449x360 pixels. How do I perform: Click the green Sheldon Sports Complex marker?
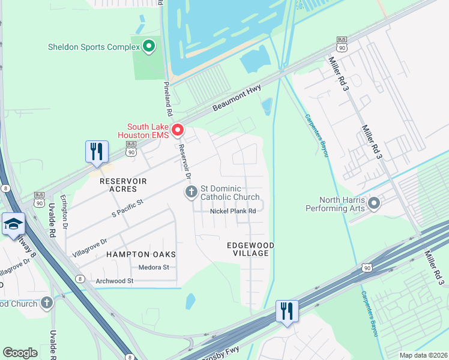click(149, 46)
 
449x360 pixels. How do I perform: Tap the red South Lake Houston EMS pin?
click(178, 130)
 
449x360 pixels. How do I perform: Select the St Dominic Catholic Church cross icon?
click(191, 192)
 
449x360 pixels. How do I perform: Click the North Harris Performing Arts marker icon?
click(374, 204)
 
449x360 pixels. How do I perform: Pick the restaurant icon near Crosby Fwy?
click(286, 311)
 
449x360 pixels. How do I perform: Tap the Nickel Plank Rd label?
click(233, 211)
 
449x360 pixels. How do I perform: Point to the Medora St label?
click(154, 267)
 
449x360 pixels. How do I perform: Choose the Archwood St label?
click(114, 281)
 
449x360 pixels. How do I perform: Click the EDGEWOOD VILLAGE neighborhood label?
click(250, 250)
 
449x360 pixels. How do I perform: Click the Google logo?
click(20, 353)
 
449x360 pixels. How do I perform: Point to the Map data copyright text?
click(423, 355)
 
